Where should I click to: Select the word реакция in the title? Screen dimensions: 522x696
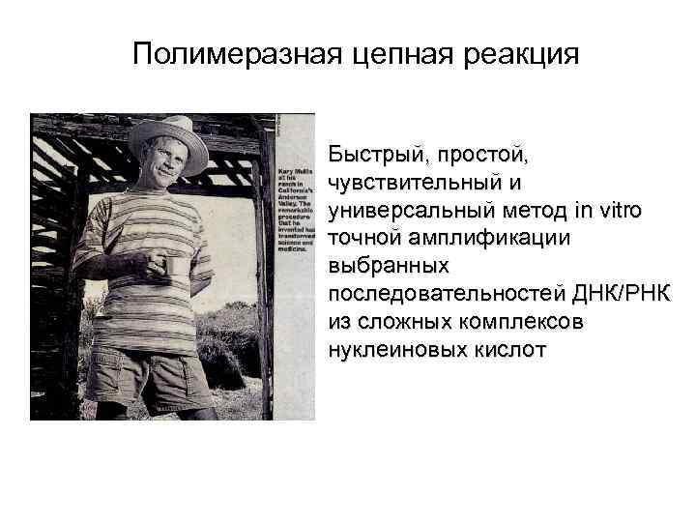(522, 54)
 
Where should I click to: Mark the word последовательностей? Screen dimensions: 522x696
(450, 292)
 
